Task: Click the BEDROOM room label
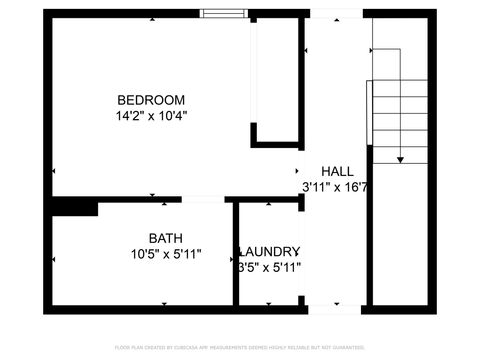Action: click(x=151, y=99)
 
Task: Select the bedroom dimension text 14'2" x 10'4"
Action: click(x=151, y=115)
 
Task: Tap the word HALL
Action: click(x=336, y=171)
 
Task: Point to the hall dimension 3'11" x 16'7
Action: click(x=336, y=187)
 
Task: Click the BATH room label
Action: click(x=166, y=238)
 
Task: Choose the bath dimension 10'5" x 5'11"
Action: click(x=166, y=254)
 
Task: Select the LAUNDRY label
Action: click(x=269, y=251)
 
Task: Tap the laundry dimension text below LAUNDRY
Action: click(x=268, y=267)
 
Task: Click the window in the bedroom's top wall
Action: click(x=222, y=13)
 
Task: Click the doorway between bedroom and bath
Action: click(x=203, y=199)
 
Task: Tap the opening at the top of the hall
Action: click(x=336, y=13)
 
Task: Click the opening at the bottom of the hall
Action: click(x=336, y=309)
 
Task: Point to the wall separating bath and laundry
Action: click(x=233, y=255)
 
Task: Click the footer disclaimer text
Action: click(x=240, y=347)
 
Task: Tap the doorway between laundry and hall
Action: click(x=303, y=255)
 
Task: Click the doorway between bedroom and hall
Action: click(x=303, y=172)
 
